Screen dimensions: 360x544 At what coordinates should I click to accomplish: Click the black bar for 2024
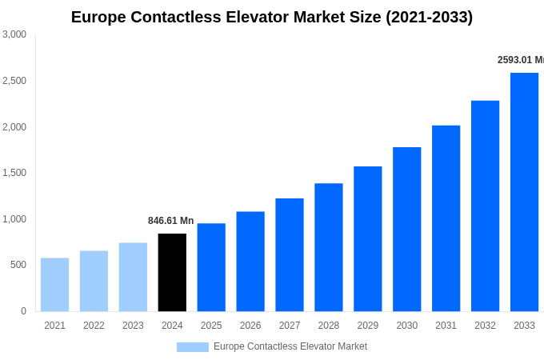pyautogui.click(x=172, y=272)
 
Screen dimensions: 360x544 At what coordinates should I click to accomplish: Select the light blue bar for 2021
pyautogui.click(x=54, y=284)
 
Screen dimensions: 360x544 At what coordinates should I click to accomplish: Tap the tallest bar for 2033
pyautogui.click(x=524, y=192)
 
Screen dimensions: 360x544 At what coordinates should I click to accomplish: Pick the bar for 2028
pyautogui.click(x=328, y=247)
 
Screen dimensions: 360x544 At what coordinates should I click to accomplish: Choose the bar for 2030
pyautogui.click(x=406, y=229)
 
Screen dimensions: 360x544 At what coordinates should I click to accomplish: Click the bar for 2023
pyautogui.click(x=133, y=277)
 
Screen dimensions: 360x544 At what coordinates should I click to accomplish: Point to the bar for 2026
pyautogui.click(x=250, y=261)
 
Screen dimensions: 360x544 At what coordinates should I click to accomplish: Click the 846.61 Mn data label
pyautogui.click(x=170, y=221)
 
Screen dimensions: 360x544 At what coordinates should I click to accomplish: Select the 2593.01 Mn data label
pyautogui.click(x=520, y=60)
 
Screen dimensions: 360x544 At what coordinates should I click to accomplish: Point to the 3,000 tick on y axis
pyautogui.click(x=14, y=34)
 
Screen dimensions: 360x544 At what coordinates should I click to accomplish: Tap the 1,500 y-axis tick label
pyautogui.click(x=14, y=173)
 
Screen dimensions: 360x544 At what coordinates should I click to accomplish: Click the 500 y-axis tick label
pyautogui.click(x=18, y=265)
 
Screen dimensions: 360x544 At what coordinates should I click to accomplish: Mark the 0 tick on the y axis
pyautogui.click(x=23, y=311)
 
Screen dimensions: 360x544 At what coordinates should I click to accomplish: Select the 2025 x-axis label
pyautogui.click(x=211, y=326)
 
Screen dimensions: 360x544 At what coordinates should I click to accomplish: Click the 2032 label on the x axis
pyautogui.click(x=485, y=326)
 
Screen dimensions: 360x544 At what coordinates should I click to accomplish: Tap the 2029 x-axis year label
pyautogui.click(x=367, y=326)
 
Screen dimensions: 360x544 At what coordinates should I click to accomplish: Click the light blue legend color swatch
pyautogui.click(x=192, y=347)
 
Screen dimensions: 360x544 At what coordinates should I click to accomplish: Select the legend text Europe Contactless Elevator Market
pyautogui.click(x=290, y=346)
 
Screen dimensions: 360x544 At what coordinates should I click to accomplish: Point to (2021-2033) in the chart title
pyautogui.click(x=429, y=17)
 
